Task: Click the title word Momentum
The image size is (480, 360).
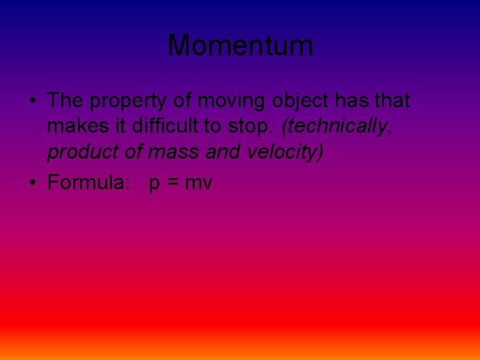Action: [x=240, y=46]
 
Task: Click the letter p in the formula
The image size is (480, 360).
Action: [x=155, y=184]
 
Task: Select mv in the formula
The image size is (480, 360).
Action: [x=198, y=183]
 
